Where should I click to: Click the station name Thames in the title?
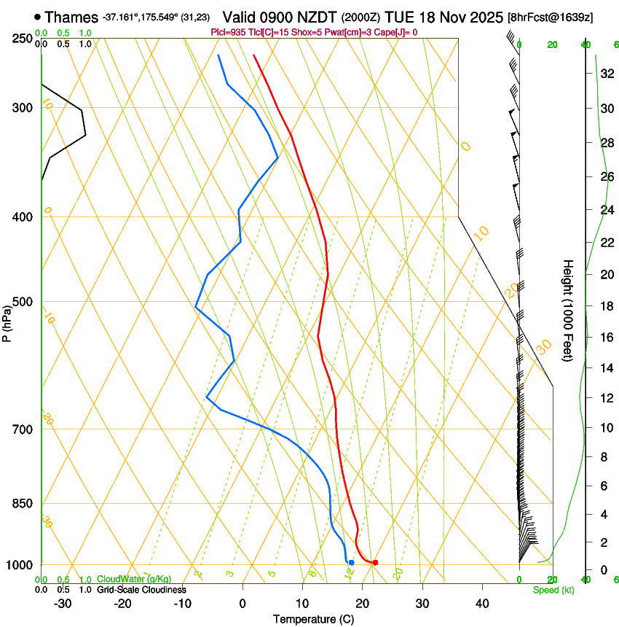pyautogui.click(x=71, y=16)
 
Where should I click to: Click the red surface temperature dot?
pyautogui.click(x=375, y=562)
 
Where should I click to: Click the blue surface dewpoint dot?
pyautogui.click(x=351, y=562)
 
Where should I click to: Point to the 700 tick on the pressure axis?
pyautogui.click(x=22, y=429)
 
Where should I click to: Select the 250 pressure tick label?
pyautogui.click(x=22, y=39)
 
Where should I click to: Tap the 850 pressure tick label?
pyautogui.click(x=22, y=504)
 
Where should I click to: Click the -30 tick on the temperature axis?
pyautogui.click(x=63, y=603)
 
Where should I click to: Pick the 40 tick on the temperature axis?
pyautogui.click(x=481, y=603)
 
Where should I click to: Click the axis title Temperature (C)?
pyautogui.click(x=313, y=619)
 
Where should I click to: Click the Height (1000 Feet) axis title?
pyautogui.click(x=568, y=310)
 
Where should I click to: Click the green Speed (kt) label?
pyautogui.click(x=553, y=589)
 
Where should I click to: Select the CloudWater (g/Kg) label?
pyautogui.click(x=134, y=579)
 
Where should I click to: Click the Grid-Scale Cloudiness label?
pyautogui.click(x=141, y=589)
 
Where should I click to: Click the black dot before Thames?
pyautogui.click(x=37, y=16)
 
